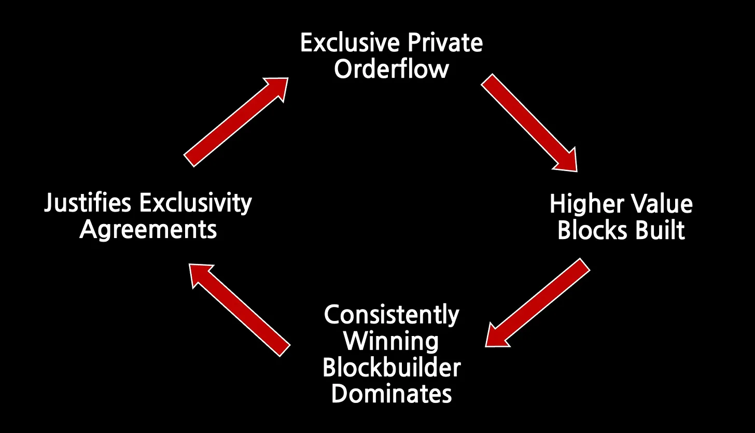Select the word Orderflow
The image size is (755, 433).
[x=391, y=68]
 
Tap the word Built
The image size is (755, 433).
[x=662, y=230]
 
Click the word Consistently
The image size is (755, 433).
[x=392, y=315]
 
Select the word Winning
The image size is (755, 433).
[x=392, y=341]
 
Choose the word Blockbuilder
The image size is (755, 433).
[x=392, y=367]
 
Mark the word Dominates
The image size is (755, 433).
[x=392, y=394]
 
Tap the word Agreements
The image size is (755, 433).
[x=148, y=229]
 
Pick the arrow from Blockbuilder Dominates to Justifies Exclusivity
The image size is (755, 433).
[x=239, y=310]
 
